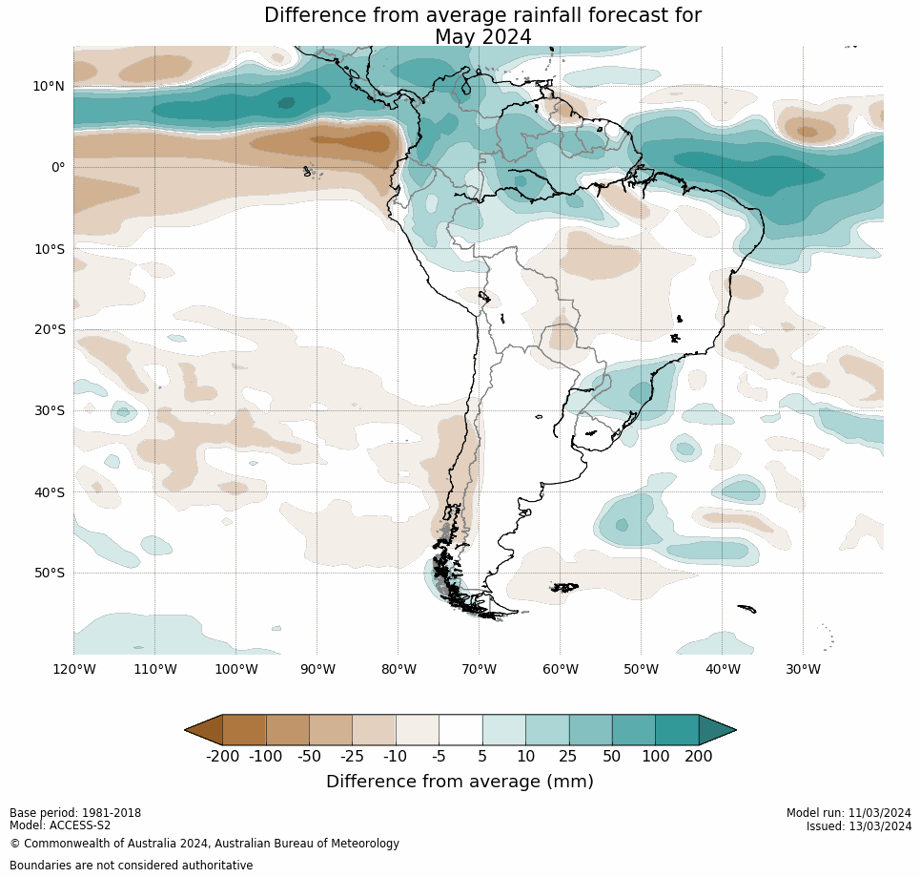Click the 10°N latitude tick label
tap(49, 86)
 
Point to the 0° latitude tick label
tap(58, 167)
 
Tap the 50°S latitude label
tap(50, 573)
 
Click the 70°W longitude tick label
tap(479, 669)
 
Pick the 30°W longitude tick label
tap(803, 669)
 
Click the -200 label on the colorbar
tap(222, 757)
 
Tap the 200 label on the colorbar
tap(698, 757)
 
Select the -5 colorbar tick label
tap(439, 757)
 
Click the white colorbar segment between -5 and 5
tap(460, 730)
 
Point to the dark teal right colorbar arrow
tap(717, 730)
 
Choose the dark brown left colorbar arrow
tap(204, 730)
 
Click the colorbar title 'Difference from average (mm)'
tap(460, 782)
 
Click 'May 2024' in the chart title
tap(482, 37)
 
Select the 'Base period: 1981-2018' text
tap(75, 813)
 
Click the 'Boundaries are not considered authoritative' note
tap(131, 866)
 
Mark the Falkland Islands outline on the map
tap(564, 587)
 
